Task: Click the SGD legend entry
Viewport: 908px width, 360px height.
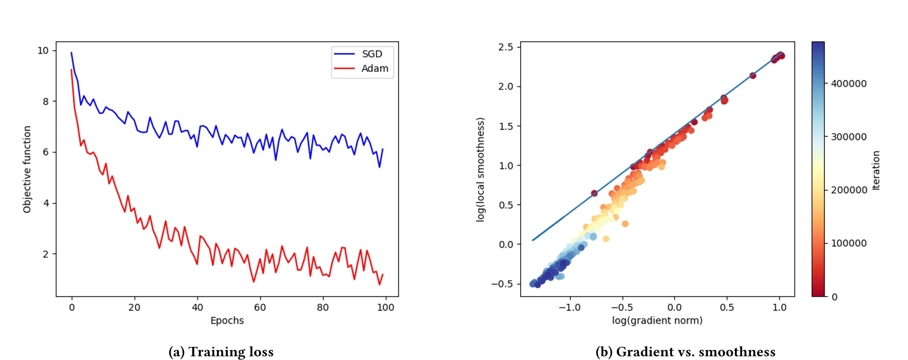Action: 372,54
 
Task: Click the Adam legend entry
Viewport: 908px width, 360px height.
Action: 374,69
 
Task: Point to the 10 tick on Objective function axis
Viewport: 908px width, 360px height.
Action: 43,50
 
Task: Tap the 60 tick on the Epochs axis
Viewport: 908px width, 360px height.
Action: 260,307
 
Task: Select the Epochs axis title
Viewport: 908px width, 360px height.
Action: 227,320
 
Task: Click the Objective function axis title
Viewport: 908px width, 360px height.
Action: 27,169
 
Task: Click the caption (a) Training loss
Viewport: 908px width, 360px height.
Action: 221,352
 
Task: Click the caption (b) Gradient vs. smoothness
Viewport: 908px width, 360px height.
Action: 685,352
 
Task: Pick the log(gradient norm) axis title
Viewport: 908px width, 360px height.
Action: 657,320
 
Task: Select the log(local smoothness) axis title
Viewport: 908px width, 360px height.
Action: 480,170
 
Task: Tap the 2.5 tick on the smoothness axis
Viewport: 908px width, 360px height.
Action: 505,47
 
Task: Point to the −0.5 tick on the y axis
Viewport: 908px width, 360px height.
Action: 502,284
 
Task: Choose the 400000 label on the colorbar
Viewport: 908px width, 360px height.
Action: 848,84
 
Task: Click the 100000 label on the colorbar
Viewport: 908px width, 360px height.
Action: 848,243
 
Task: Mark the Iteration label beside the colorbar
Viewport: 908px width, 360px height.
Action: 876,171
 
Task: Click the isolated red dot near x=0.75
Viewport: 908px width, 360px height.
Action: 753,75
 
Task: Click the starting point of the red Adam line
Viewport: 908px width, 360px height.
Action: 71,70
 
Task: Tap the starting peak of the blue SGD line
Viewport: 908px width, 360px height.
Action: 71,53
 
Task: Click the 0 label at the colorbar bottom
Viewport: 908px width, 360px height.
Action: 834,297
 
